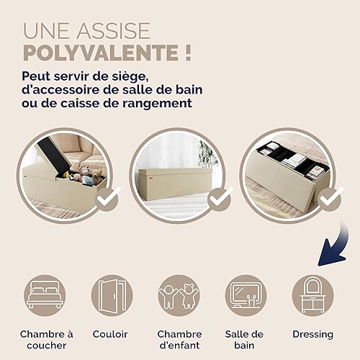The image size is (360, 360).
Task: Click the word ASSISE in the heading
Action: (x=113, y=31)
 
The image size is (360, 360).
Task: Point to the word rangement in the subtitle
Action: (x=157, y=104)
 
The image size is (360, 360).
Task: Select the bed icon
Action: (x=45, y=295)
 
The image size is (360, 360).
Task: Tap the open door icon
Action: (x=112, y=295)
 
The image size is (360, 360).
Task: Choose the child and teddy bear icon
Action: (x=179, y=295)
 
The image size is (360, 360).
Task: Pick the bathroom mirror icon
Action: (x=246, y=295)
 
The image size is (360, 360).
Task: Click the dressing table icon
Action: (x=313, y=295)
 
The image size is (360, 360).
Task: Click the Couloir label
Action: (x=110, y=334)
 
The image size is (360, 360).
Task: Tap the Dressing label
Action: (x=313, y=335)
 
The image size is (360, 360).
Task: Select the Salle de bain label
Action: (x=244, y=340)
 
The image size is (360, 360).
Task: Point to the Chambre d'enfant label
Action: (x=179, y=340)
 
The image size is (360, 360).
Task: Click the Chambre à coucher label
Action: (x=47, y=340)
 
